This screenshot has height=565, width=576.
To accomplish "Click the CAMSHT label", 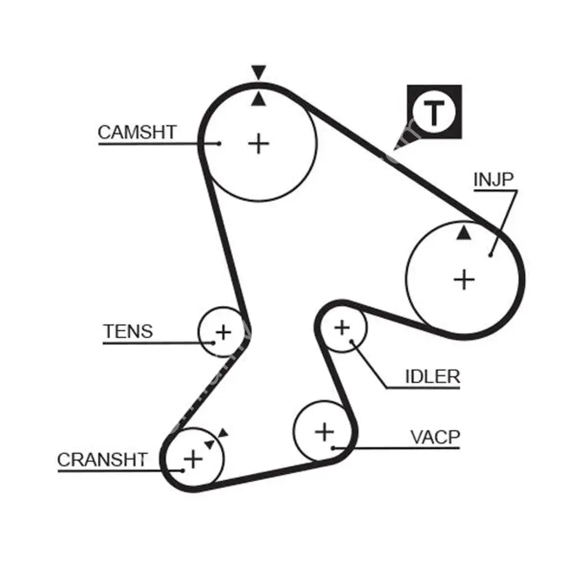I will click(137, 133).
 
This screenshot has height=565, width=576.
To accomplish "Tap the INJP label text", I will click(493, 180).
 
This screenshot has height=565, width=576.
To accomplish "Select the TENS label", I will click(128, 331).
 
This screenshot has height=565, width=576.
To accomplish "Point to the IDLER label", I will click(432, 377).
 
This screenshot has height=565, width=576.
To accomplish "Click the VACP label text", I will click(435, 437).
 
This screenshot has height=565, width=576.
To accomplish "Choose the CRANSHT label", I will click(102, 460).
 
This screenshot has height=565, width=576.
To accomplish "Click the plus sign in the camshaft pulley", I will click(259, 144).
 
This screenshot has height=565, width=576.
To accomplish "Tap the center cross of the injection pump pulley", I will click(465, 279).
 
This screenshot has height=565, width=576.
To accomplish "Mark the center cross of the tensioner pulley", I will click(224, 332).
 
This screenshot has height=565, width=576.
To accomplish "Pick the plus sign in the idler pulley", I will click(342, 327).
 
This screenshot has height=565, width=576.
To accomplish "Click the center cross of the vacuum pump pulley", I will click(324, 432).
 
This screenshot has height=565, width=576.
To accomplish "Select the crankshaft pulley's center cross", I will click(193, 458).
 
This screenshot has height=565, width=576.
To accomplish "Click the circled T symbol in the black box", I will click(434, 112).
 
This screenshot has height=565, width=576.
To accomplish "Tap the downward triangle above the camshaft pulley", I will click(259, 72).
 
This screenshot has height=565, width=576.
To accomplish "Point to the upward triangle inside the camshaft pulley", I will click(258, 99).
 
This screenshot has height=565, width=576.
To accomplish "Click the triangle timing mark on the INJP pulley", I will click(464, 233).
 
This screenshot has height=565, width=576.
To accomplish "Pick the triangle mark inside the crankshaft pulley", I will click(210, 444).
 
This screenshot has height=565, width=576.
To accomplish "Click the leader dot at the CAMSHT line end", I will click(219, 144).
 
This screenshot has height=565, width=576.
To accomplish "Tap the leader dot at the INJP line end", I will click(491, 255).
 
